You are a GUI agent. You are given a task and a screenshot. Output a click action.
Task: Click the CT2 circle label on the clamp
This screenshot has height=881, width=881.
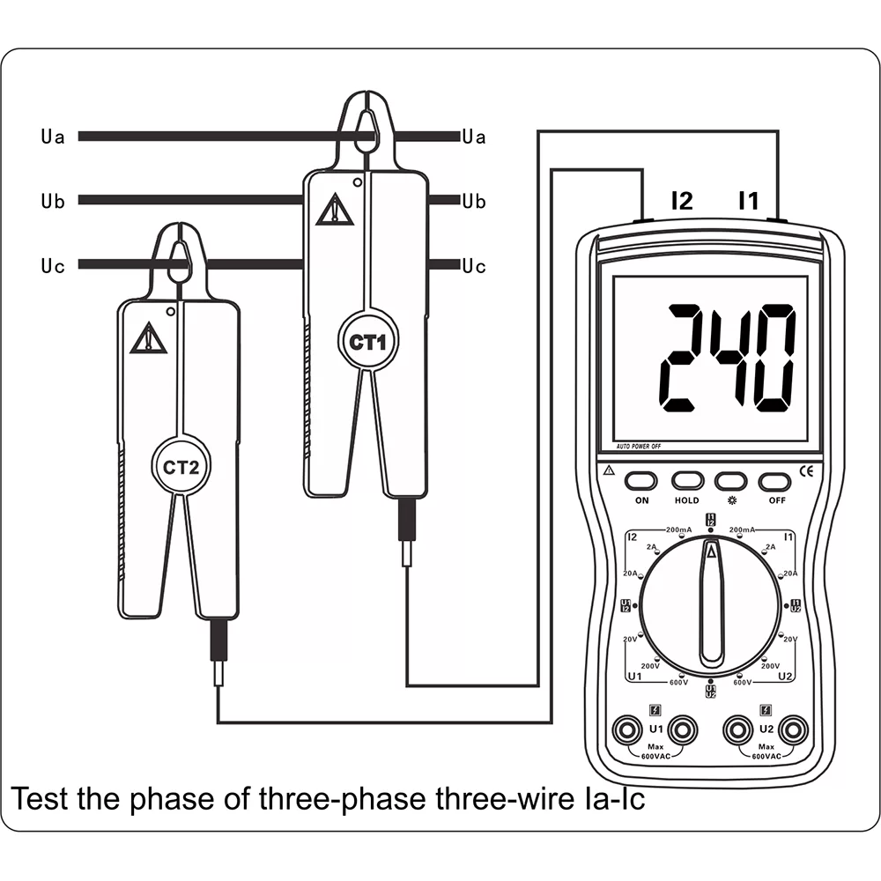[181, 467]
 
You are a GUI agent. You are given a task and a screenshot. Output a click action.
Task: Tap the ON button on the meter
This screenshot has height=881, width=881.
[641, 481]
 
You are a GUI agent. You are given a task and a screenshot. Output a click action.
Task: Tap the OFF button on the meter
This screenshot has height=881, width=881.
[775, 481]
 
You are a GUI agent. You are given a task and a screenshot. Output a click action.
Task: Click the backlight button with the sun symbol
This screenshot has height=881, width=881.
[730, 481]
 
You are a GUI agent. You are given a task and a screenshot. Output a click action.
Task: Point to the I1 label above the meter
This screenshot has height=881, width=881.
[747, 201]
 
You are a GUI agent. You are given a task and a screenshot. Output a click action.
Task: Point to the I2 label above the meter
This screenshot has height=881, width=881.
[682, 201]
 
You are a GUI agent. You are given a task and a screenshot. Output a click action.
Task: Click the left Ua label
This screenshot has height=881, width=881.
[52, 137]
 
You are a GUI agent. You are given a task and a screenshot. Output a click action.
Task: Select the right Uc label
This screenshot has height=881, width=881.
[474, 266]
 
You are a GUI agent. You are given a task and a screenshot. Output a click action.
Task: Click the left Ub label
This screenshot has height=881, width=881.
[52, 202]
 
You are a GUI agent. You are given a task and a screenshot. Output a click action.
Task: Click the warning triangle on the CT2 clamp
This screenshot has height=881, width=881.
[148, 338]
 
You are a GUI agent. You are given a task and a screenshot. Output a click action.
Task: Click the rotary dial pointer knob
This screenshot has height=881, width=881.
[710, 603]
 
